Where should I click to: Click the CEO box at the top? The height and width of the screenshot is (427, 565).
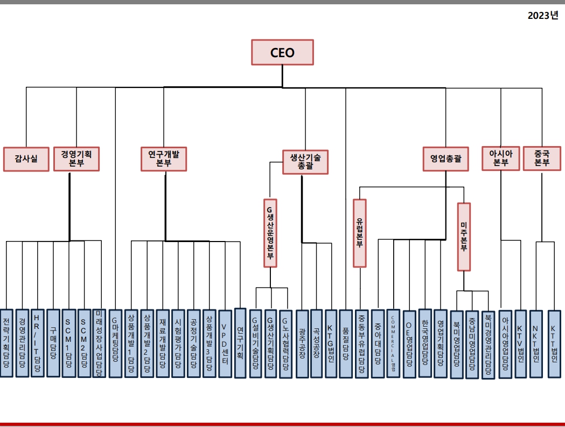point(282,53)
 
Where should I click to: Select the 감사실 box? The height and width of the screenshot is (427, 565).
point(26,159)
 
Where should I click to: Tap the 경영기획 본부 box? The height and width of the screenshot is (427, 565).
point(76,159)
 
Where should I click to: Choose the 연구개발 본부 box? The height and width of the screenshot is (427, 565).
point(163,159)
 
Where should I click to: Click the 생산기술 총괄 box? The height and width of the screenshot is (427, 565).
point(305,162)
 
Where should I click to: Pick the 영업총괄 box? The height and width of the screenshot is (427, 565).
point(445,159)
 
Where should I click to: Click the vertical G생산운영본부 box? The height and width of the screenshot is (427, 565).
point(270,233)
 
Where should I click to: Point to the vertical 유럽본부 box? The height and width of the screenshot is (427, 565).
point(359,233)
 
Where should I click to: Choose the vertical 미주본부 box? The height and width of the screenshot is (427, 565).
point(464,237)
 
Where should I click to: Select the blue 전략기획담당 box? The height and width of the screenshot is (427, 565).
point(6,343)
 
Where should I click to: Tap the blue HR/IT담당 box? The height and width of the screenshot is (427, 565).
point(37,343)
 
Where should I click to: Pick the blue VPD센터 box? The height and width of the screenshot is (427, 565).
point(225,343)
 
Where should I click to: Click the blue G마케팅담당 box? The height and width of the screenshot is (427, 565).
point(115,343)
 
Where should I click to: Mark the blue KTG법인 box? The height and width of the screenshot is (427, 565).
point(331,343)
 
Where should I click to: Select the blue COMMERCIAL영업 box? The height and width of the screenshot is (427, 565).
point(394,343)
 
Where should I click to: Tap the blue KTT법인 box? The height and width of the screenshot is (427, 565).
point(554,343)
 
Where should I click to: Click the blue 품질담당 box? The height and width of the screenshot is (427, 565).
point(346,343)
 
